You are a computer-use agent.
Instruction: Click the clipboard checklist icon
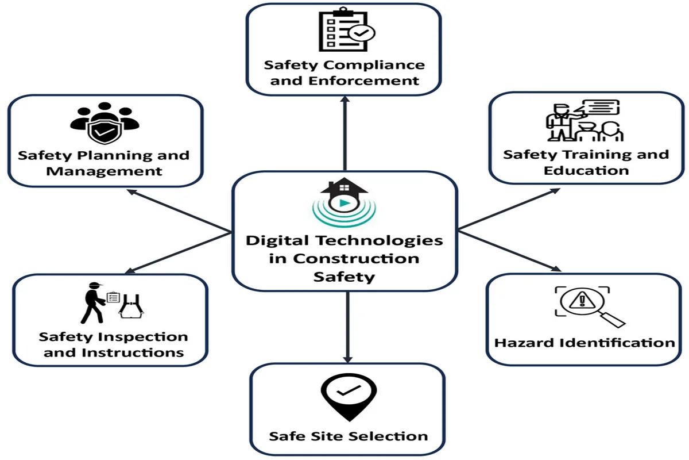346,29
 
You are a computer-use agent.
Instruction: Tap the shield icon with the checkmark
104,131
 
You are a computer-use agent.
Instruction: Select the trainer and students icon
585,121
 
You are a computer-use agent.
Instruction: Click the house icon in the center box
344,195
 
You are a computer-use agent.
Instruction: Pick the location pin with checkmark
349,397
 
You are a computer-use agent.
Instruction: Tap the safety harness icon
131,306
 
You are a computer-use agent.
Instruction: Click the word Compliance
374,66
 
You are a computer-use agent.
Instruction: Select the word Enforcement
363,81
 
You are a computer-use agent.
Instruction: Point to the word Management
104,171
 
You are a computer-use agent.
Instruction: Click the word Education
586,171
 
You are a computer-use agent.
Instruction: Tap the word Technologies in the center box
380,241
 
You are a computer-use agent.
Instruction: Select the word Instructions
133,353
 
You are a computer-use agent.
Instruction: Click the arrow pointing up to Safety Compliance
345,133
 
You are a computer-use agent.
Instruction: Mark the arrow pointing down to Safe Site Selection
347,327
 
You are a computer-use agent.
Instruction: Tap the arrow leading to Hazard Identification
510,251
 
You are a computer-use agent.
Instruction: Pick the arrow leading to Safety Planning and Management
179,210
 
